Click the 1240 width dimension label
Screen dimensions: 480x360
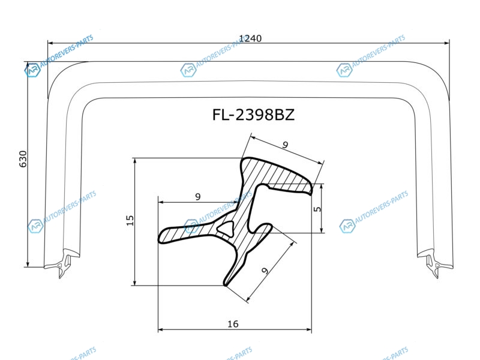(250, 38)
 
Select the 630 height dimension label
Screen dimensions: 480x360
(23, 159)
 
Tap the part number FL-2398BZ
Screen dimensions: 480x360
(253, 115)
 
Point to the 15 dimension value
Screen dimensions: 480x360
(130, 220)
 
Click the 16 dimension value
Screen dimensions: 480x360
(233, 323)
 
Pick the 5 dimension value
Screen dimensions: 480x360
(318, 209)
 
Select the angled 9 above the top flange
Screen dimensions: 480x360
(286, 145)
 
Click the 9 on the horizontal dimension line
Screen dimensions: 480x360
(198, 197)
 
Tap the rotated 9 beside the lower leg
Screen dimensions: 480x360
(265, 271)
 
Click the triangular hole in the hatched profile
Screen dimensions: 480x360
(226, 227)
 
